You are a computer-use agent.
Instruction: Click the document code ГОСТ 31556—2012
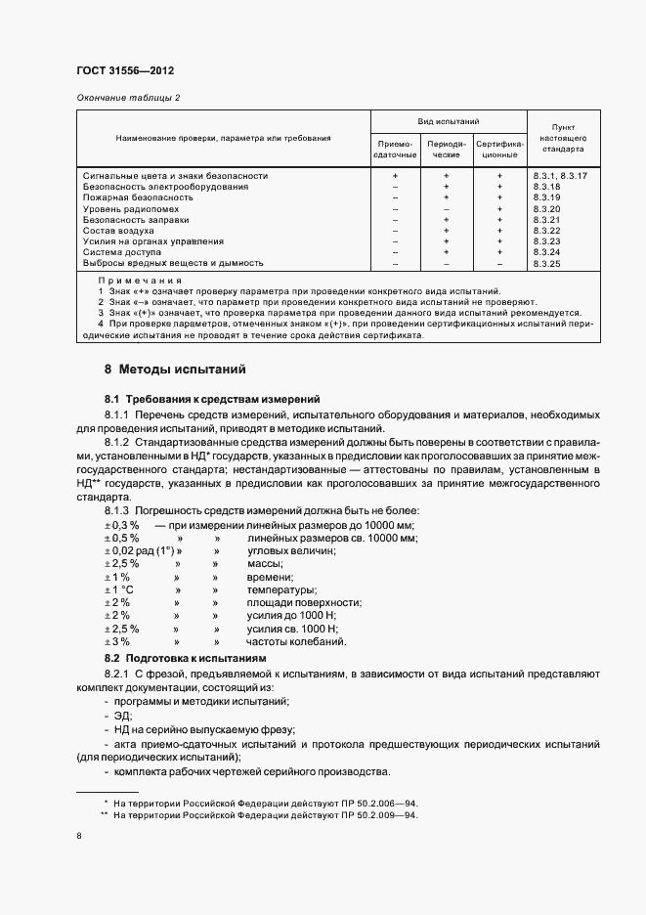coord(124,70)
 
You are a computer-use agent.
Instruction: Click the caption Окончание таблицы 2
coord(128,98)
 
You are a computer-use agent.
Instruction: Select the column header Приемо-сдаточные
coord(395,150)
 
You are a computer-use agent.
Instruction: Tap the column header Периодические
coord(446,150)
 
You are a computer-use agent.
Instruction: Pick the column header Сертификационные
coord(499,150)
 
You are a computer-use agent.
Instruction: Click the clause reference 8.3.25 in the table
coord(546,263)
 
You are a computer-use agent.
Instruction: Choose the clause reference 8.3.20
coord(546,209)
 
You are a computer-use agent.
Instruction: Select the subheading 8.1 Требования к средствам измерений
coord(212,399)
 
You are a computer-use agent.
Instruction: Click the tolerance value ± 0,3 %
coord(122,526)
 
